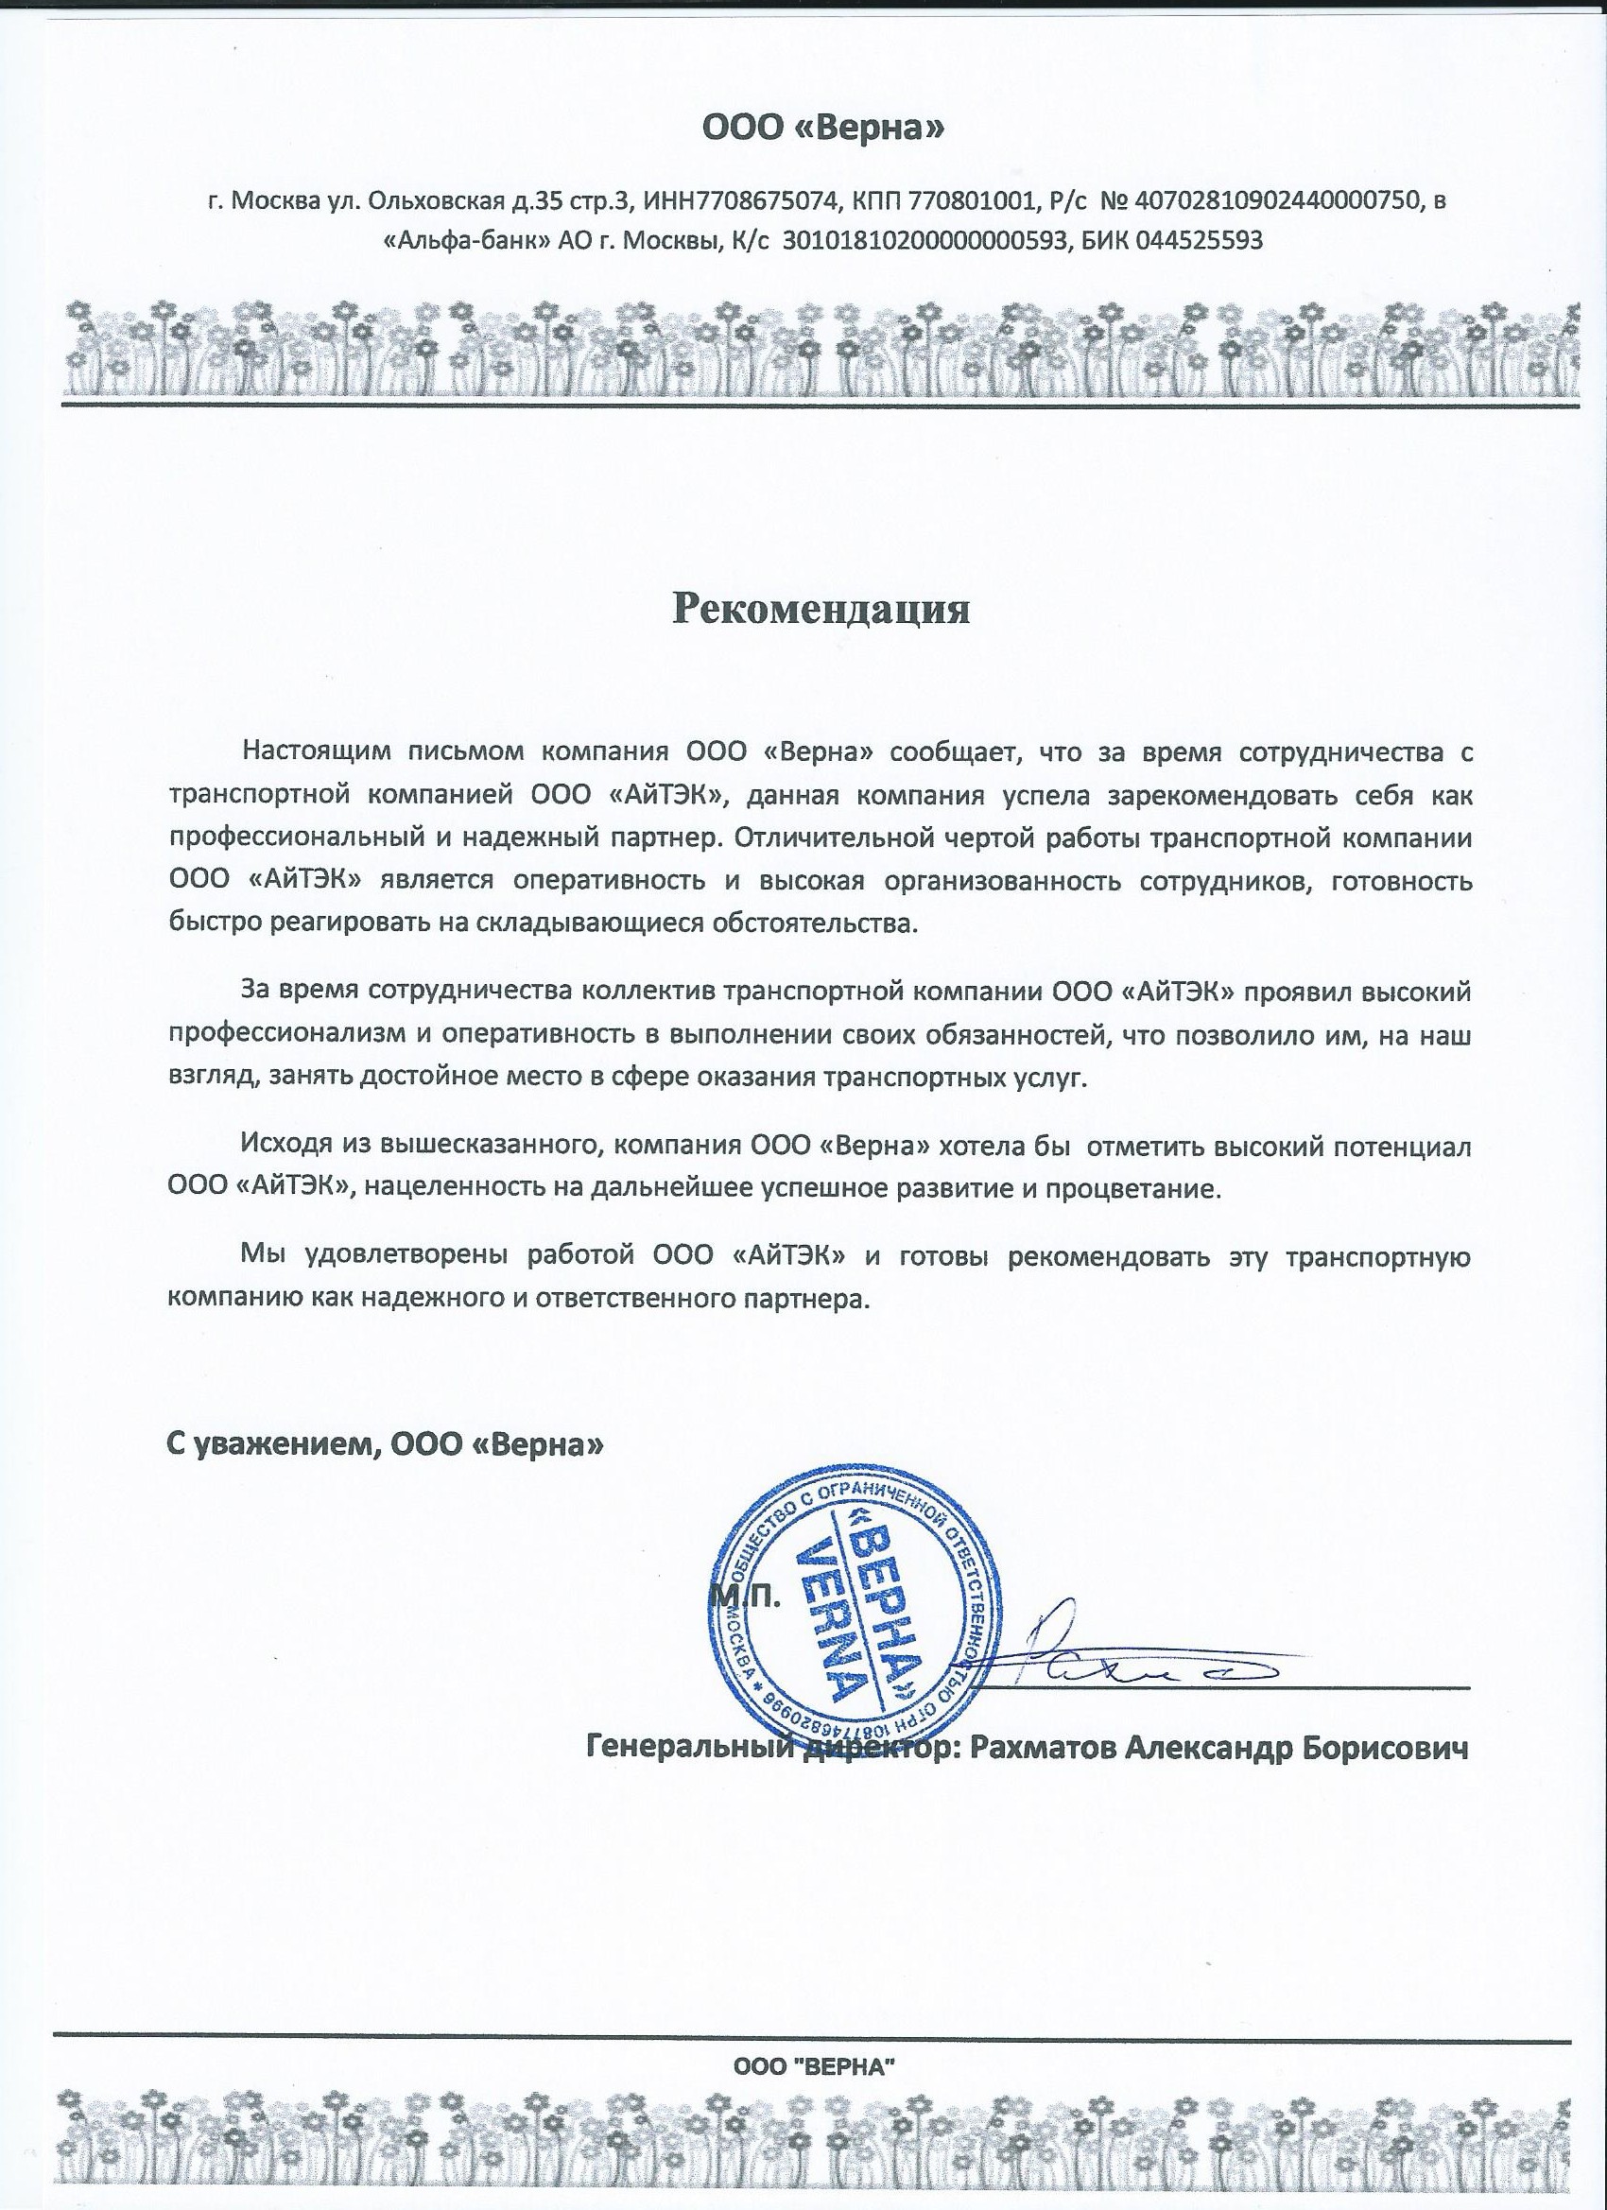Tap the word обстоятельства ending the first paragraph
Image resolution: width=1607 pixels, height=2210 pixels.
point(817,922)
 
